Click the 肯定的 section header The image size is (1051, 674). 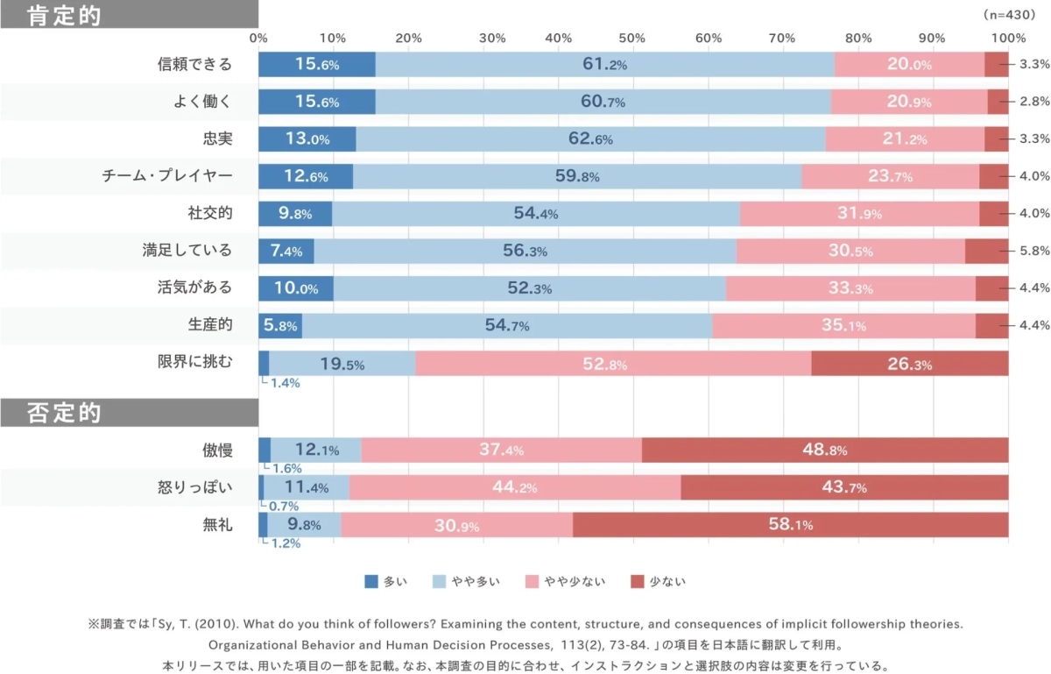click(x=65, y=16)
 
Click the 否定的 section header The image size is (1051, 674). click(x=65, y=412)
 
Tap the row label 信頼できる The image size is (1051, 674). click(x=194, y=64)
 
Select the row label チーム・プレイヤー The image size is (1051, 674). click(x=167, y=176)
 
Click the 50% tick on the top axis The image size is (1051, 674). click(x=633, y=38)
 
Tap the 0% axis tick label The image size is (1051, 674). click(x=258, y=38)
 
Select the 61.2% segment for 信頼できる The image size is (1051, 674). click(x=604, y=64)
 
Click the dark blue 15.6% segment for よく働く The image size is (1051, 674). click(x=316, y=102)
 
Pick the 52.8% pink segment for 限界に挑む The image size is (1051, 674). click(x=613, y=363)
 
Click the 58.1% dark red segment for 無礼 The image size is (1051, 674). click(x=790, y=525)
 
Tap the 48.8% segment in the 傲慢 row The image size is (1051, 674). click(x=824, y=450)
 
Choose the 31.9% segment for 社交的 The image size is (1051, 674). click(x=859, y=214)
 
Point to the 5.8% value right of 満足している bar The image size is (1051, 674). click(x=1034, y=251)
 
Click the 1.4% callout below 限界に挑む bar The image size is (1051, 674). click(x=284, y=382)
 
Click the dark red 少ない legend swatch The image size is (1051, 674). click(x=637, y=581)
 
